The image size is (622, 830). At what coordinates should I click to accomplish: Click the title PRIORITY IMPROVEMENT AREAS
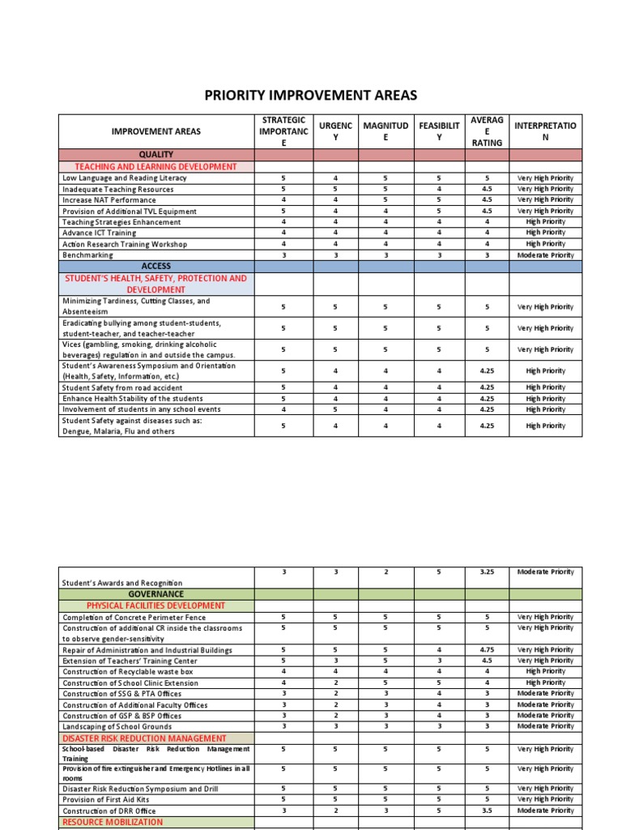pos(310,96)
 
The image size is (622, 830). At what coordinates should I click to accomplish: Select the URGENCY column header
pos(335,131)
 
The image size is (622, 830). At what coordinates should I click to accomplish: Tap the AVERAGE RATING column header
pos(486,131)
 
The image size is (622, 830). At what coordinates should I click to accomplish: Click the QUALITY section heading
pos(156,154)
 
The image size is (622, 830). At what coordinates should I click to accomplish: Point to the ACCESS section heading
pos(156,266)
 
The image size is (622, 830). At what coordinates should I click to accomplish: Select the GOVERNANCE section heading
pos(156,594)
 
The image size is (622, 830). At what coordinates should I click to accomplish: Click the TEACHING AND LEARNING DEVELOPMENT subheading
pos(156,167)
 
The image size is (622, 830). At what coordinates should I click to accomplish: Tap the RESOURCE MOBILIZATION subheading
pos(113,822)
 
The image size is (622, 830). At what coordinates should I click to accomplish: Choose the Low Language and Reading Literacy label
pos(124,178)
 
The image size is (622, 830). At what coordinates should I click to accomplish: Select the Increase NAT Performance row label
pos(109,200)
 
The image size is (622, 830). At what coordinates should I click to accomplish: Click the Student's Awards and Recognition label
pos(122,583)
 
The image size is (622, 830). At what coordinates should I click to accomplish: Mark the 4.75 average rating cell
pos(487,650)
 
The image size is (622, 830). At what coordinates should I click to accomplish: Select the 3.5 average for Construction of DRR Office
pos(487,811)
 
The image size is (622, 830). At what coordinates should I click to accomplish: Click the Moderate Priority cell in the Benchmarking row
pos(545,255)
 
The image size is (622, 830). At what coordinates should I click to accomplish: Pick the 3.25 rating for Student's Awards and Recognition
pos(487,572)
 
